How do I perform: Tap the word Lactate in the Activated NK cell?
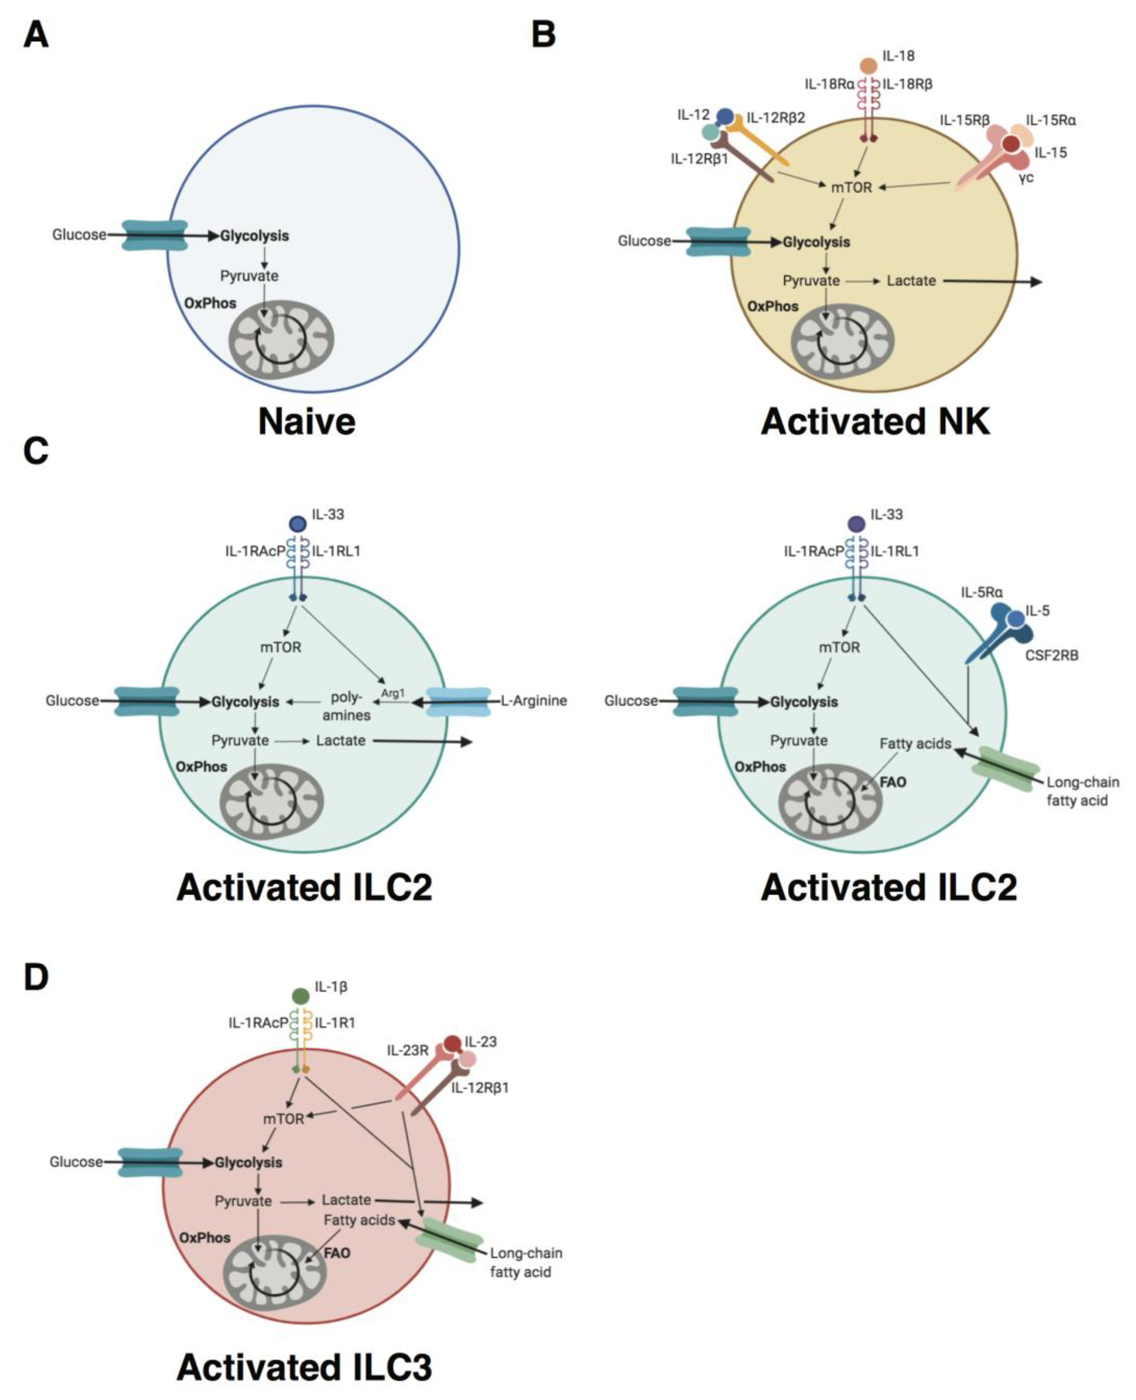tap(911, 281)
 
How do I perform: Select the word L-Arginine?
tap(533, 701)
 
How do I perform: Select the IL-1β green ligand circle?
tap(300, 997)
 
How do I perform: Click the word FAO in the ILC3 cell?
tap(337, 1253)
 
